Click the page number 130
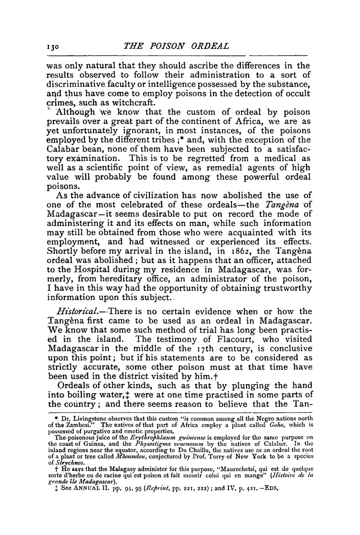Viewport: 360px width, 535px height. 54,46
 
